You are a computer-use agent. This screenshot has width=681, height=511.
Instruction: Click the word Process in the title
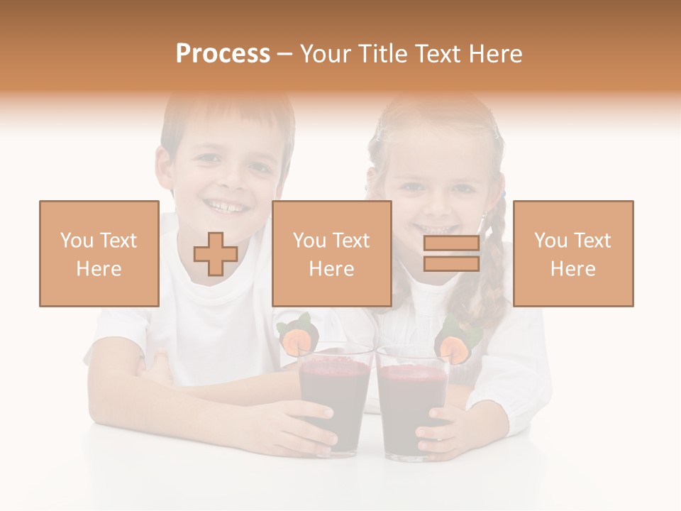(223, 54)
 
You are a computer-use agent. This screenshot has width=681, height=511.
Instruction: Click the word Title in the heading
(380, 54)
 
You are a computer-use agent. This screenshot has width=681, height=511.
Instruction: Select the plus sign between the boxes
(216, 254)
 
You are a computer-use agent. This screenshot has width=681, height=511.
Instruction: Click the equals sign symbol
(451, 254)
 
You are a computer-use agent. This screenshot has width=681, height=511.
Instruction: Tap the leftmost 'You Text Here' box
(99, 253)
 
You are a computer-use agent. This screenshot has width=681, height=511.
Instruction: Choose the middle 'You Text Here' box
(331, 253)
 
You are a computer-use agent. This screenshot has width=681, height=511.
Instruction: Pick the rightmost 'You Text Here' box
(572, 253)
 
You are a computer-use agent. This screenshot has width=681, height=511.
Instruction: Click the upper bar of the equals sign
(451, 244)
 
